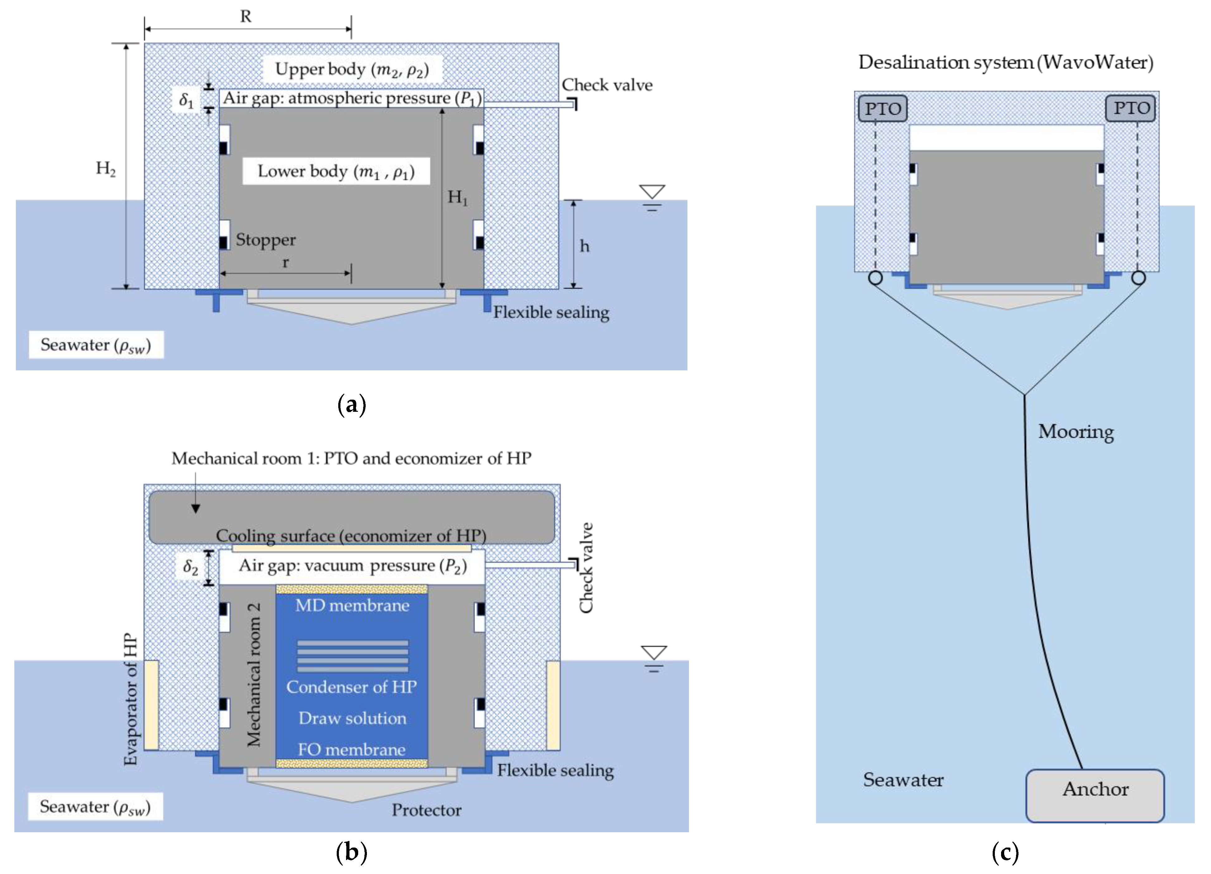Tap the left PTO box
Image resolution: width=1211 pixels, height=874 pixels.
883,108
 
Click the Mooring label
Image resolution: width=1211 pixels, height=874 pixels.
1076,431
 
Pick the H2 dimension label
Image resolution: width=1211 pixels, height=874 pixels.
106,169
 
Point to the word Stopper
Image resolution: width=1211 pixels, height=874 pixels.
266,240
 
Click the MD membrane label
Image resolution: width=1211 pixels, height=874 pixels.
352,606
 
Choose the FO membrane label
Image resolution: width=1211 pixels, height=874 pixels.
351,750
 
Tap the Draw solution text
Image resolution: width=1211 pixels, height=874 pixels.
352,718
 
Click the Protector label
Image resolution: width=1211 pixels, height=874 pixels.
427,810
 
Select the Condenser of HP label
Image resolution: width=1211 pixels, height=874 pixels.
351,686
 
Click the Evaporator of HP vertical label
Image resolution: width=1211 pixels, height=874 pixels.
131,699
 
